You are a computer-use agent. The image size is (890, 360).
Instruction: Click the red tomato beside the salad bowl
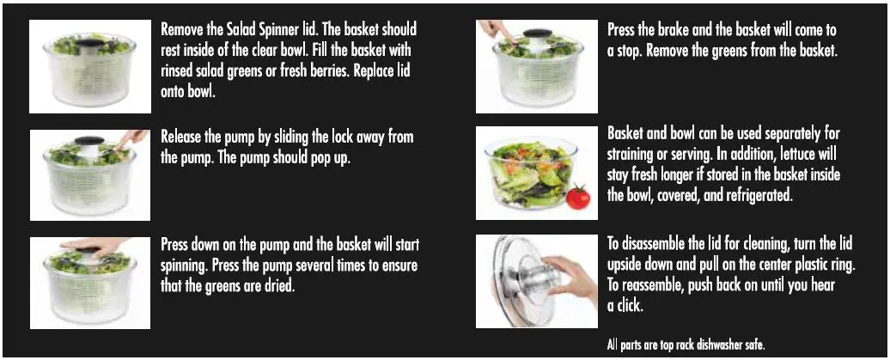coord(578,198)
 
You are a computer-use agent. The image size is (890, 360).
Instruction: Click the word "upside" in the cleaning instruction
coord(631,264)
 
